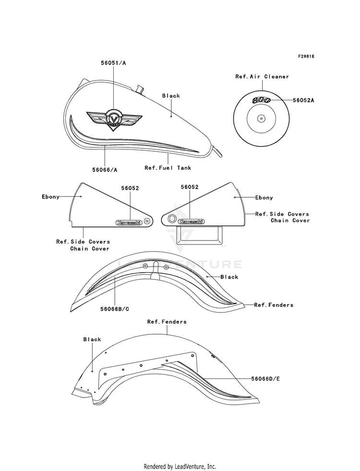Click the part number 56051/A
pyautogui.click(x=113, y=63)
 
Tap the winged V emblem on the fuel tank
pyautogui.click(x=114, y=119)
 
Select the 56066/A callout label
pyautogui.click(x=105, y=169)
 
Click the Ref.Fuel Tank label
pyautogui.click(x=168, y=168)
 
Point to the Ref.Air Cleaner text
pyautogui.click(x=262, y=76)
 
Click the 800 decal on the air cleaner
pyautogui.click(x=262, y=100)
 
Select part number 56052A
pyautogui.click(x=303, y=100)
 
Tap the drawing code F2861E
pyautogui.click(x=306, y=56)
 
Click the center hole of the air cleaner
pyautogui.click(x=261, y=119)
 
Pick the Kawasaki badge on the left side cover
pyautogui.click(x=129, y=223)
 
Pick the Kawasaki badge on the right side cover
pyautogui.click(x=191, y=222)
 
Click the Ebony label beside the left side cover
pyautogui.click(x=50, y=197)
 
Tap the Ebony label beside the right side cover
pyautogui.click(x=264, y=197)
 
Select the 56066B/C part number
pyautogui.click(x=115, y=309)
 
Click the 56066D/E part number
pyautogui.click(x=265, y=379)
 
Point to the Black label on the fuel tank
pyautogui.click(x=171, y=96)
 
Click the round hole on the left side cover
pyautogui.click(x=146, y=221)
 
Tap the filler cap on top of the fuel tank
pyautogui.click(x=139, y=89)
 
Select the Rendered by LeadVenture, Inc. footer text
pyautogui.click(x=180, y=467)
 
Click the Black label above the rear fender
pyautogui.click(x=92, y=339)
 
